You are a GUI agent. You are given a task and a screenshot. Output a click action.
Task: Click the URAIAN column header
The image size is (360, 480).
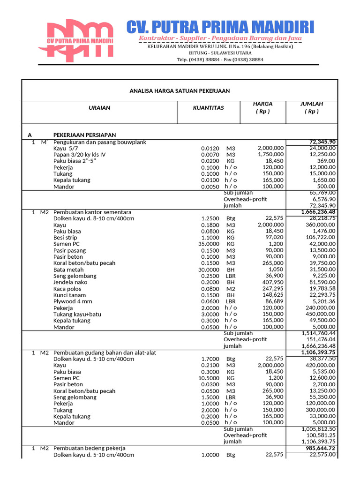(99, 108)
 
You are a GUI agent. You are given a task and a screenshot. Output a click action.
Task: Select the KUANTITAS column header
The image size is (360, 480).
(208, 108)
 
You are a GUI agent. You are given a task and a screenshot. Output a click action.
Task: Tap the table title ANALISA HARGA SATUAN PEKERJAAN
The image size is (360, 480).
(180, 90)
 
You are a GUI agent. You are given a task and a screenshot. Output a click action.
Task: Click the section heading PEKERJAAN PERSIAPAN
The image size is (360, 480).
(84, 135)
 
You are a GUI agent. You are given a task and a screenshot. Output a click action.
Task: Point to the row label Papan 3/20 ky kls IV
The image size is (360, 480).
(79, 155)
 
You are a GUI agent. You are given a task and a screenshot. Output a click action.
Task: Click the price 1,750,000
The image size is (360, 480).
(270, 154)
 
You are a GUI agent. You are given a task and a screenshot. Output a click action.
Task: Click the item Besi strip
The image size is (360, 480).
(65, 238)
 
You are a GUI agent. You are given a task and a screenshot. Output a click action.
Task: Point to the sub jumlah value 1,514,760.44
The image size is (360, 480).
(318, 333)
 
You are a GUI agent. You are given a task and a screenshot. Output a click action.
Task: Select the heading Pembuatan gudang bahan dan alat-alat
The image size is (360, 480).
(105, 352)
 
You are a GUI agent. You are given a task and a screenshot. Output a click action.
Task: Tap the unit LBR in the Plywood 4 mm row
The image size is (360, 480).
(231, 301)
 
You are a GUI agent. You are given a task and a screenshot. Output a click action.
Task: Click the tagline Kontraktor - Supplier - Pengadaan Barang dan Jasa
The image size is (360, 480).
(220, 37)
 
